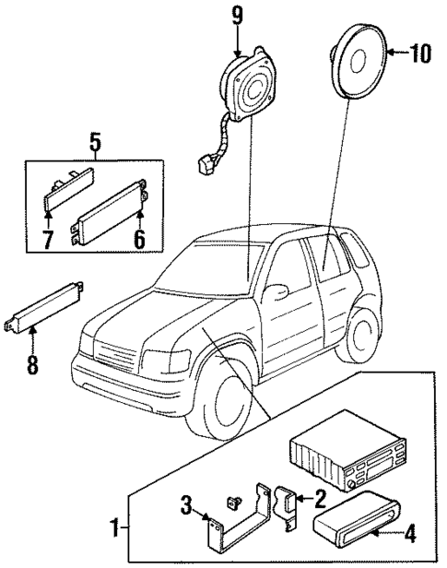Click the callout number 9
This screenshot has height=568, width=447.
point(237,16)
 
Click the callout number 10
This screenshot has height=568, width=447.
point(419,53)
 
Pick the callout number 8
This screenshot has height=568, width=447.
point(32,363)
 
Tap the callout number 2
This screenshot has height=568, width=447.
point(320,500)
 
